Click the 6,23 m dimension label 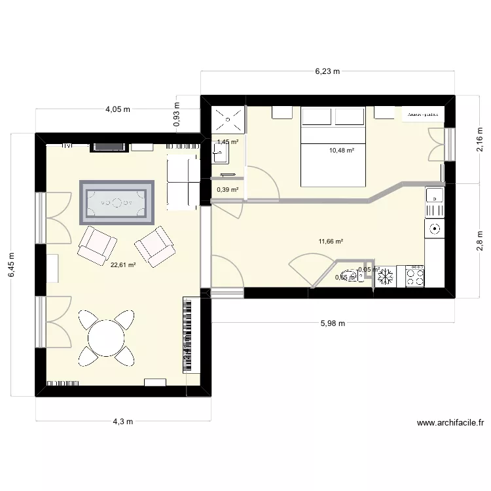click(327, 72)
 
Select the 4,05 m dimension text click(118, 110)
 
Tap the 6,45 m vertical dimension click(11, 265)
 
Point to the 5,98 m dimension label click(333, 323)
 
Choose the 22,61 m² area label click(123, 265)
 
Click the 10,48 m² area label click(342, 150)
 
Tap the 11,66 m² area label click(331, 242)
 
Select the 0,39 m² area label click(227, 190)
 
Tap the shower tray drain click(228, 120)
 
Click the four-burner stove click(415, 276)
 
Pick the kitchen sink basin click(434, 195)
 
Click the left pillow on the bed click(317, 117)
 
